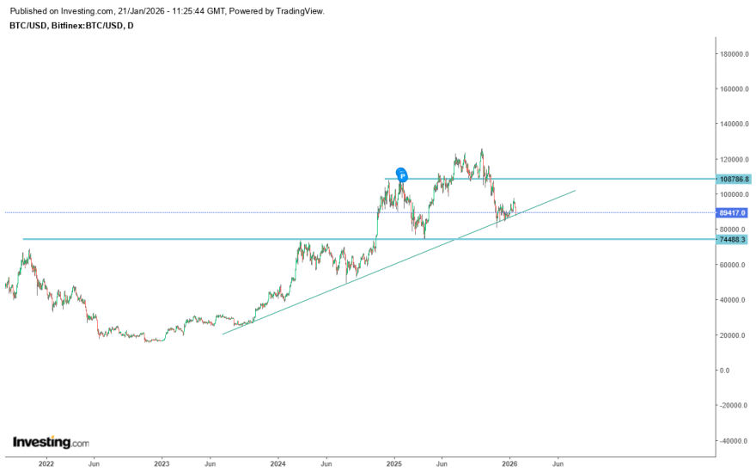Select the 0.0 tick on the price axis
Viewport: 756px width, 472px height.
(x=725, y=371)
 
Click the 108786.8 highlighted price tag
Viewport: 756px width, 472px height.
(x=734, y=180)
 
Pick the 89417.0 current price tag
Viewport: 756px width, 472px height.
(x=733, y=212)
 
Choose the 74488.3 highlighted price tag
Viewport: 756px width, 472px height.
(x=733, y=239)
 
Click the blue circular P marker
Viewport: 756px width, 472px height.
(x=401, y=175)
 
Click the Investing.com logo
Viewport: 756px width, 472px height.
(x=51, y=443)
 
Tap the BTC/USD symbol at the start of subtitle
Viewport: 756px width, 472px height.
(x=27, y=26)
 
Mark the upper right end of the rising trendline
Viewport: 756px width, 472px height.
(x=575, y=190)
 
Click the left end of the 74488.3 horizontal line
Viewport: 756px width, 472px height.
(x=23, y=239)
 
